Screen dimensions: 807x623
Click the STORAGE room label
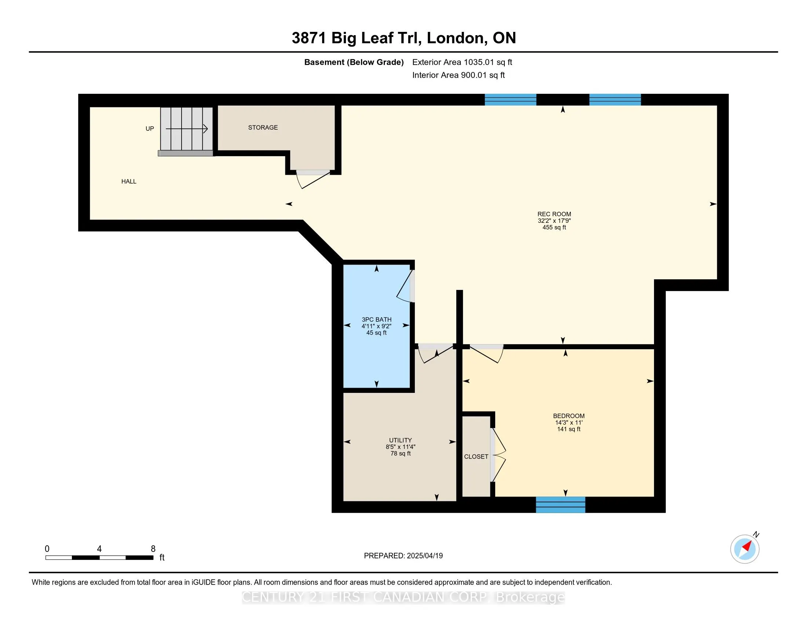pos(263,127)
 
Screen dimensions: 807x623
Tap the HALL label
pos(129,181)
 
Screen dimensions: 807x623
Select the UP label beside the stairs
pos(150,128)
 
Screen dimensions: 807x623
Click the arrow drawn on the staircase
pos(187,128)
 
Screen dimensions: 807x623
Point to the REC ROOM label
pos(554,214)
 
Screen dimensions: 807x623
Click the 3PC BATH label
pos(376,320)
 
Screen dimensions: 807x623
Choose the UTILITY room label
pos(400,440)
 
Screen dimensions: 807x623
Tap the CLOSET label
pos(476,457)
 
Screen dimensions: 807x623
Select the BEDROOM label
pos(569,416)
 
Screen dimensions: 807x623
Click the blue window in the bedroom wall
pos(560,505)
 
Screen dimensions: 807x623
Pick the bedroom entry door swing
pos(486,354)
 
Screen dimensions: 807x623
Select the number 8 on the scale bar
pos(153,549)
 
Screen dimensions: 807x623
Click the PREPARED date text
pos(403,556)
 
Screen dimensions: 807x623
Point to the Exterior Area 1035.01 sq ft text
pos(462,62)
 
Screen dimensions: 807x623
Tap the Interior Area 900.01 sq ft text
pos(459,75)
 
